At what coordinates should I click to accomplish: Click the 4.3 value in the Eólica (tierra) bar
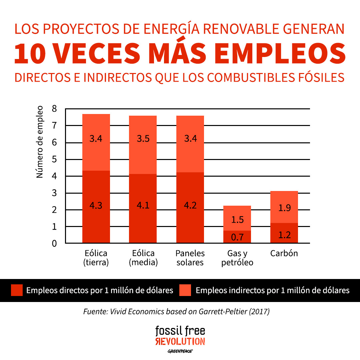(x=96, y=205)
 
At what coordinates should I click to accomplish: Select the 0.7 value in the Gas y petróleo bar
(x=237, y=237)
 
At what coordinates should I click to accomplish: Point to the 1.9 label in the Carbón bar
(x=284, y=208)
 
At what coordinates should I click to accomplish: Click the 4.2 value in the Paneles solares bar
(x=190, y=205)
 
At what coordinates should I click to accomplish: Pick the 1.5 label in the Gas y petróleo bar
(x=237, y=220)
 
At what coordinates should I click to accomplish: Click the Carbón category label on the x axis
(x=284, y=253)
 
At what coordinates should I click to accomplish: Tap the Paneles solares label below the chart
(x=190, y=258)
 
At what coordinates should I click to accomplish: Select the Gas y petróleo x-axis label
(x=237, y=258)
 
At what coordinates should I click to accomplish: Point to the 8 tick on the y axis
(x=54, y=109)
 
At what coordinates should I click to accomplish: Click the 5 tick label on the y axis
(x=54, y=159)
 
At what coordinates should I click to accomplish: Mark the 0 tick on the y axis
(x=54, y=243)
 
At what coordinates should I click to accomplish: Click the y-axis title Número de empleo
(x=40, y=142)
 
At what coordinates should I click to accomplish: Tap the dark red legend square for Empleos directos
(x=17, y=290)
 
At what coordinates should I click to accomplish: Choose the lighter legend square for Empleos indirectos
(x=185, y=290)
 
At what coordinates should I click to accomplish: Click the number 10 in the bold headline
(x=30, y=54)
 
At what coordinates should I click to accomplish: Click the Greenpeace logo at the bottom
(x=180, y=351)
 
